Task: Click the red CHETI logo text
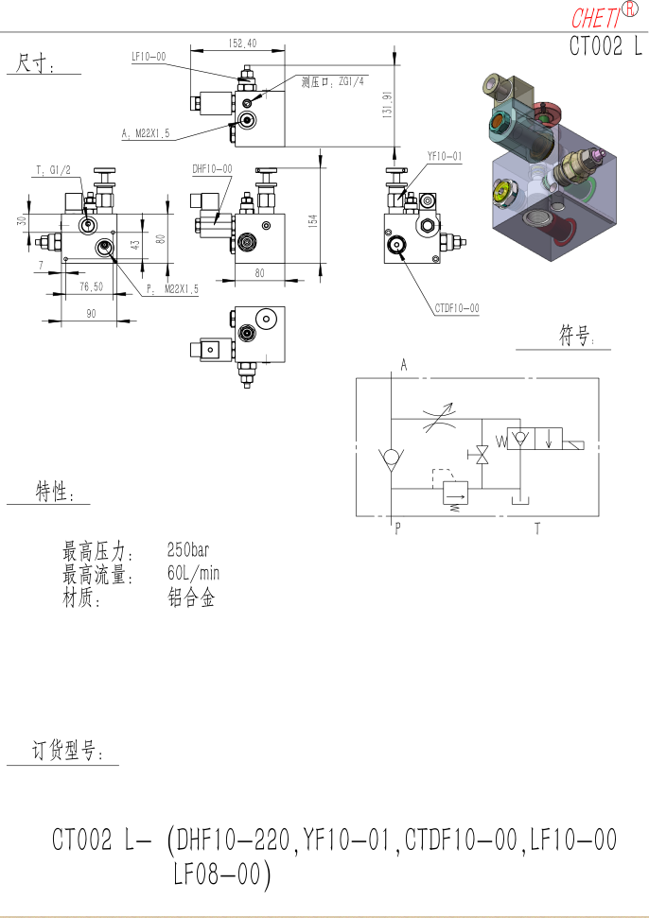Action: (x=595, y=18)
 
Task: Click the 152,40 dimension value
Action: (x=242, y=43)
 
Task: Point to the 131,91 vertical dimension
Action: (x=387, y=105)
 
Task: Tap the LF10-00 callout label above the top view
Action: (x=149, y=57)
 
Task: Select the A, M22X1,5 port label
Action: (x=146, y=133)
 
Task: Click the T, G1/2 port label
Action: (x=53, y=170)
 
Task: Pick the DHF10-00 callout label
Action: (x=212, y=169)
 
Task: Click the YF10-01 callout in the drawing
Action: (x=445, y=156)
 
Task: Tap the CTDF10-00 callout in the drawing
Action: (x=457, y=308)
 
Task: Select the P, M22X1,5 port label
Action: (x=172, y=288)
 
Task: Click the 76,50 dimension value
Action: (x=92, y=286)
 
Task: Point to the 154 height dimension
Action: (x=313, y=220)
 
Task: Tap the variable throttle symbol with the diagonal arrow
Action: (x=440, y=418)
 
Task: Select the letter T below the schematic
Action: (x=537, y=528)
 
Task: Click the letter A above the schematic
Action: (x=404, y=365)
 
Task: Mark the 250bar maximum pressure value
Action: (x=188, y=549)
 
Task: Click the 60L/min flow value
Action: (x=193, y=573)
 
